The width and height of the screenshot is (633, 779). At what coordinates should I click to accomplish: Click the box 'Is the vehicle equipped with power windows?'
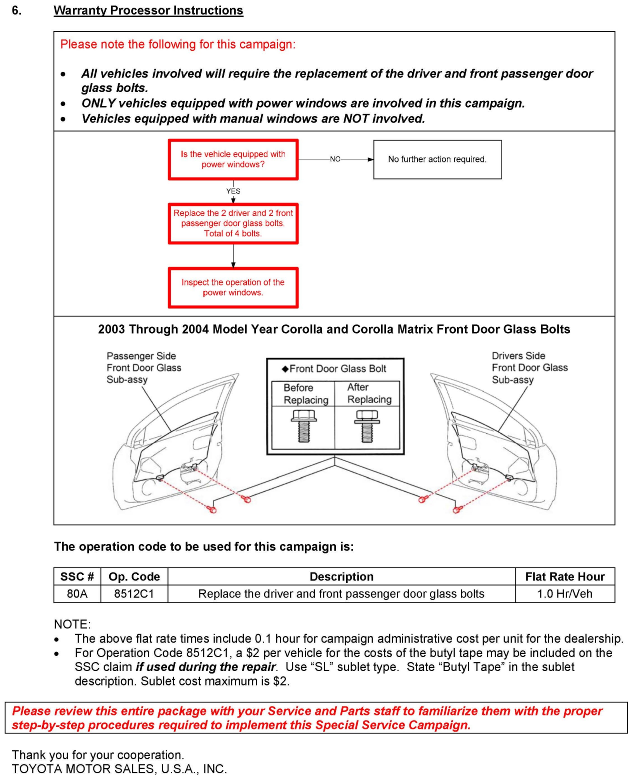(233, 159)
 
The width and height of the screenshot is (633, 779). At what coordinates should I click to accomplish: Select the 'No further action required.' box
(437, 159)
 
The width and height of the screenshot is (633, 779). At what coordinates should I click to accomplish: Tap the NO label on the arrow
(335, 159)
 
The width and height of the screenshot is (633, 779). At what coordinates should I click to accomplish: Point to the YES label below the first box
(233, 191)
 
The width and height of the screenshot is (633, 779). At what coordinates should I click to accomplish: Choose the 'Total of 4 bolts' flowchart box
(233, 223)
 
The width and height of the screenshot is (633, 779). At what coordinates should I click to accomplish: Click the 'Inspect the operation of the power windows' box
(233, 287)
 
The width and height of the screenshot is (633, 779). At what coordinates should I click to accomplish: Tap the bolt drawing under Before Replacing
(303, 425)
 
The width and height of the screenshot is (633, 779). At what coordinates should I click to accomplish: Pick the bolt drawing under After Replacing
(367, 425)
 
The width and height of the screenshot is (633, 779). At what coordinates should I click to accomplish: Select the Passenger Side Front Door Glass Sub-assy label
(144, 368)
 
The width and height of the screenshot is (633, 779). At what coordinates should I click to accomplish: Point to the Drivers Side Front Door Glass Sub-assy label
(530, 368)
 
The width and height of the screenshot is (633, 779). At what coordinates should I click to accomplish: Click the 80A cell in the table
(77, 594)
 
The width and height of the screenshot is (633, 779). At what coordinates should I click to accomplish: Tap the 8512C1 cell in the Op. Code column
(134, 594)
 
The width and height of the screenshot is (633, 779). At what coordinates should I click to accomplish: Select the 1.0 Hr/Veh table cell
(564, 594)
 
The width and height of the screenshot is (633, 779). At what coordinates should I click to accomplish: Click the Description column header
(341, 577)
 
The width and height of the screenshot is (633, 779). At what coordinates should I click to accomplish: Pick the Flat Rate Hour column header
(564, 577)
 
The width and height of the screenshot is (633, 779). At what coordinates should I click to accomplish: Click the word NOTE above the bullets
(72, 624)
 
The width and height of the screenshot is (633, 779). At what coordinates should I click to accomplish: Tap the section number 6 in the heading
(17, 10)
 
